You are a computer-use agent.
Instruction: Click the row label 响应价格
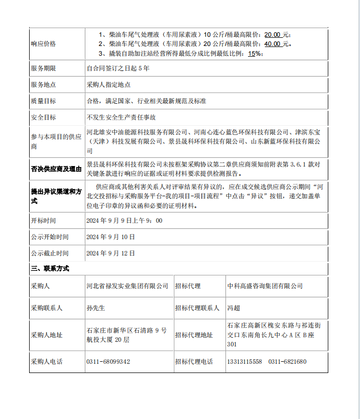tap(43, 43)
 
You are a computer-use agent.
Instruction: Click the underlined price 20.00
tap(272, 35)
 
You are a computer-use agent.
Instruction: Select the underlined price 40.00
tap(272, 44)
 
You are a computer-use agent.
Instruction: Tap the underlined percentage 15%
tap(254, 53)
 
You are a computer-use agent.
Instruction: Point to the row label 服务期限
tap(43, 68)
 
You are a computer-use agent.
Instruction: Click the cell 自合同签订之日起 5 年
tap(118, 68)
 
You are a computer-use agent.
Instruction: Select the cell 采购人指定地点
tap(108, 84)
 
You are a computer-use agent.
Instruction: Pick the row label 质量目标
tap(43, 101)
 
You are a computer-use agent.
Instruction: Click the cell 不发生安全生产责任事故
tap(121, 118)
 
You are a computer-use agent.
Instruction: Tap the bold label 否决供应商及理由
tap(56, 168)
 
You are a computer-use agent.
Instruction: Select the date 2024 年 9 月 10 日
tap(110, 237)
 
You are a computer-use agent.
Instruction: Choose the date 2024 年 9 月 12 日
tap(110, 253)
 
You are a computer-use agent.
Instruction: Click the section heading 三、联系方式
tap(50, 268)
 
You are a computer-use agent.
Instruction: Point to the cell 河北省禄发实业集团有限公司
tap(127, 286)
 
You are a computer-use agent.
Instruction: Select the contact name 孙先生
tap(96, 308)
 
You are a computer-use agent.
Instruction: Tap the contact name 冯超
tap(233, 308)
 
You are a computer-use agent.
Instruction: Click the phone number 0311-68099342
tap(108, 362)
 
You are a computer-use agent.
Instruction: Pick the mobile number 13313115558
tap(244, 362)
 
